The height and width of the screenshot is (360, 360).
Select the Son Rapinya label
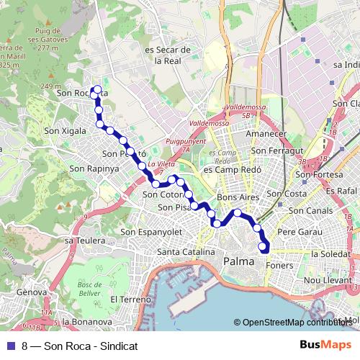click(x=94, y=168)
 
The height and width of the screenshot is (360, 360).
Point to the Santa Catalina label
click(x=186, y=252)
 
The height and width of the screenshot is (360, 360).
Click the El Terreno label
click(x=130, y=299)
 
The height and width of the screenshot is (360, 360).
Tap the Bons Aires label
click(x=237, y=197)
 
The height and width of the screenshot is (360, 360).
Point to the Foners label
click(x=279, y=264)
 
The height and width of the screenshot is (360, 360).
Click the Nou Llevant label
click(x=326, y=279)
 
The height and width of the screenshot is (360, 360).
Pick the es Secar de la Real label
click(x=167, y=55)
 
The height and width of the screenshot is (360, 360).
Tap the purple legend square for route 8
click(x=11, y=346)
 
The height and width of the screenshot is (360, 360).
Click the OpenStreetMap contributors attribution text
click(x=297, y=323)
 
